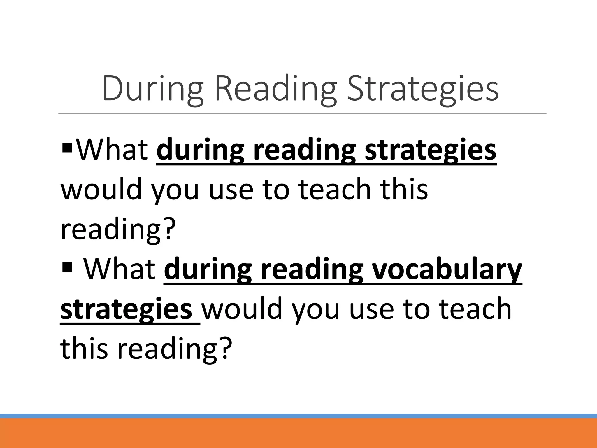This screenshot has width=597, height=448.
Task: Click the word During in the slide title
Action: coord(152,89)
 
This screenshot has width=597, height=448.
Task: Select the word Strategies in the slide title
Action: coord(423,89)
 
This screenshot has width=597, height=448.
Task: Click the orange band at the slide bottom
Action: coord(298,433)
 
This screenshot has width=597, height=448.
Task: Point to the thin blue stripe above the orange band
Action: coord(298,416)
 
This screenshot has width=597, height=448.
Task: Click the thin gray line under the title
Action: coord(302,113)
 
